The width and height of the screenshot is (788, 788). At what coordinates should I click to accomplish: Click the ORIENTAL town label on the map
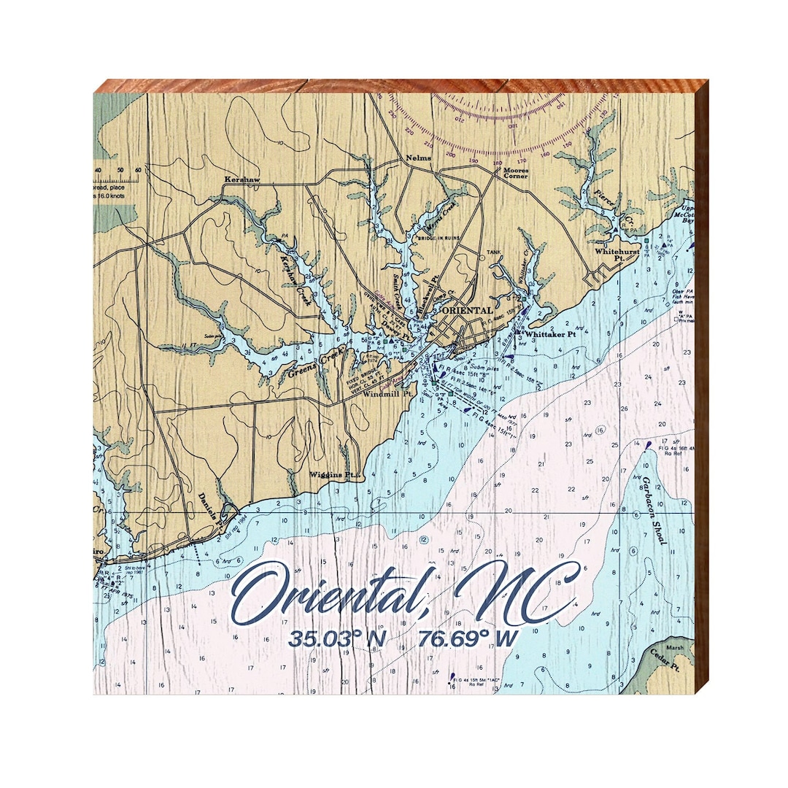(468, 310)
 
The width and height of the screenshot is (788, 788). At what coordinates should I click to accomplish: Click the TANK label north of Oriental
(495, 254)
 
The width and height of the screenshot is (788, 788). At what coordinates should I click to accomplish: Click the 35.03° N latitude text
(336, 638)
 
